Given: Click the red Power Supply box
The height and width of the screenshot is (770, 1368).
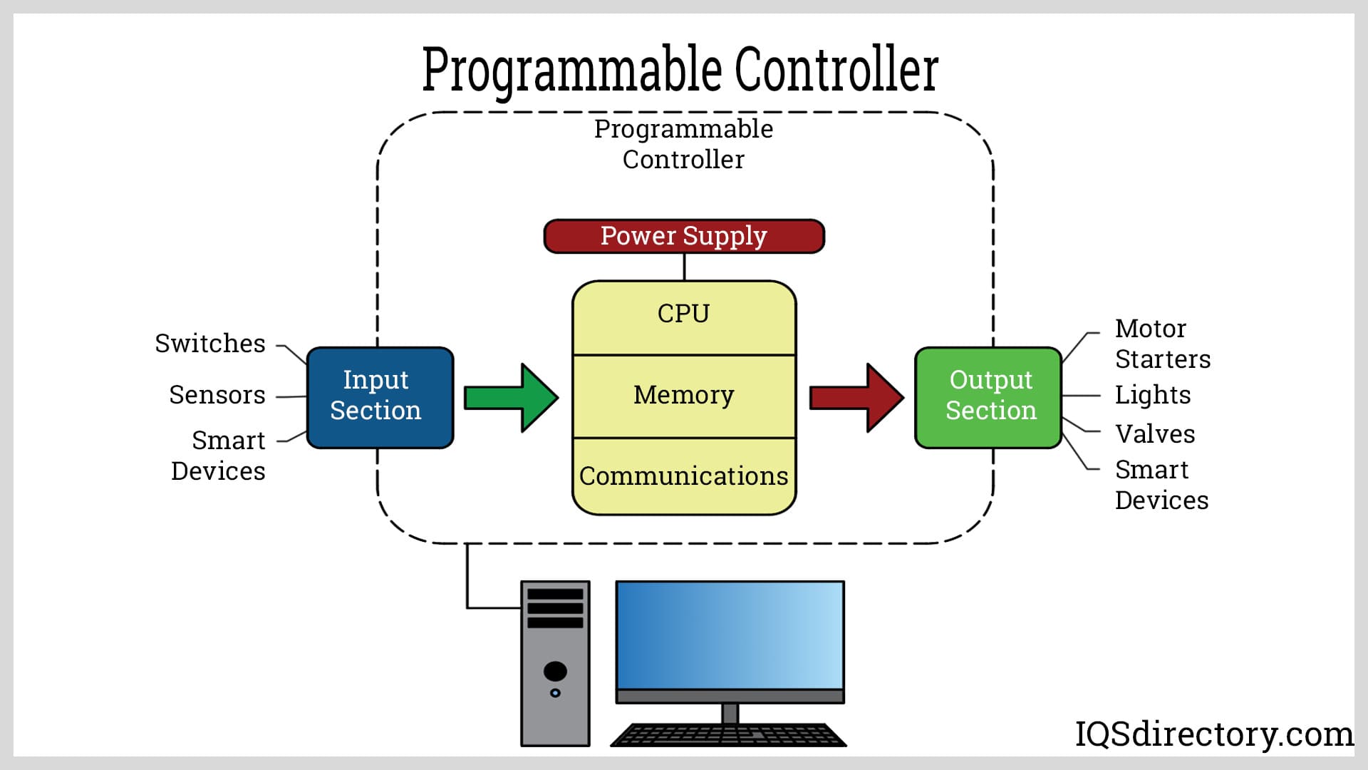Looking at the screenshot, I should [684, 236].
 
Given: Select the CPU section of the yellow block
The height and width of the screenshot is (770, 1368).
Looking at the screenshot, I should [684, 314].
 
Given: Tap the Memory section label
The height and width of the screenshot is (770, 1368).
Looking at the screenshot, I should [684, 395].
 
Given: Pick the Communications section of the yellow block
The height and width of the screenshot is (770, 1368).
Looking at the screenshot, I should [684, 476].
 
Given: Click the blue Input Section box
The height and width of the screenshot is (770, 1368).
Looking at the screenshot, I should [379, 397].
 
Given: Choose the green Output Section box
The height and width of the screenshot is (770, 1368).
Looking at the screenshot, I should [988, 397].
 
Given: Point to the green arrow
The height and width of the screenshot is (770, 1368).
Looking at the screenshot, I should [511, 397].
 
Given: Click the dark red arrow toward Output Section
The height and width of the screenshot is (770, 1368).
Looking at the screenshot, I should [856, 397].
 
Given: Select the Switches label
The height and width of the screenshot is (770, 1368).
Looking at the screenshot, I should [210, 344].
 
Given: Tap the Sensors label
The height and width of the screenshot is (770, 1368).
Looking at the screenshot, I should [217, 395].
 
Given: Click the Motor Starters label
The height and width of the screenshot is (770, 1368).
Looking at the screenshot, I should [1162, 344].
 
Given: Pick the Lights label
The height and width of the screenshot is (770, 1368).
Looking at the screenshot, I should [1153, 395].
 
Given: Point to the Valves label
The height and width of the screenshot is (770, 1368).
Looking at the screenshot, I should [1155, 434].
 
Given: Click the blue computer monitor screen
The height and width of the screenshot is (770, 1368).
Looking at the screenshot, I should [730, 635].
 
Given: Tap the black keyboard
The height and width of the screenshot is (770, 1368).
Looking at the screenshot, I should [728, 735].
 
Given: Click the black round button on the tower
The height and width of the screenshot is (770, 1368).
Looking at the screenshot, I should [555, 671].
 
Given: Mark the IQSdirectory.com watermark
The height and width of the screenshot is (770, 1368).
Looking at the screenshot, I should [1214, 734].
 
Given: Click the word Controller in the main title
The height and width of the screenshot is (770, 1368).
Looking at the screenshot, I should [836, 69].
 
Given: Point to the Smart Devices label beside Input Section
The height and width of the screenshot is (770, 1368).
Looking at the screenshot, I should [219, 456].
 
